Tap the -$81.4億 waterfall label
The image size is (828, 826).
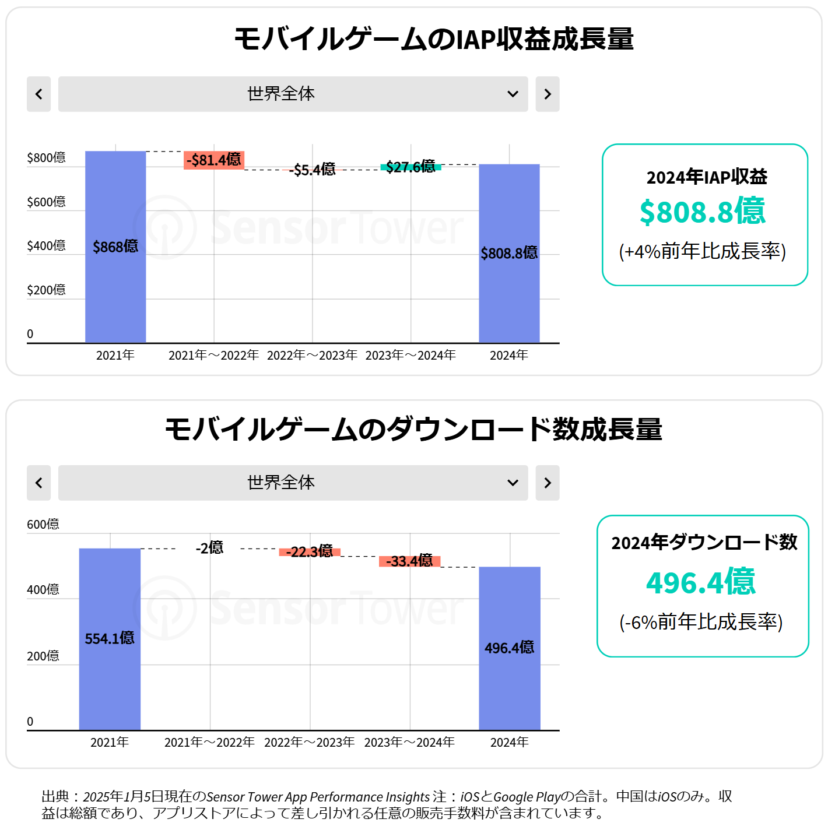pos(214,160)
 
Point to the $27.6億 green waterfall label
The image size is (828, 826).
pos(411,167)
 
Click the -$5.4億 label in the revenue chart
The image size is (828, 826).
pos(313,170)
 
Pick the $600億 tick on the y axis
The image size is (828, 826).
pos(46,202)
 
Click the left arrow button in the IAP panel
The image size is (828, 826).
pos(38,94)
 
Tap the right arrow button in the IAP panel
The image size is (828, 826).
pos(548,94)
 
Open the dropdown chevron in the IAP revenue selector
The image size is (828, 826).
pos(513,94)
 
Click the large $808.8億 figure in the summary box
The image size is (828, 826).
pos(703,211)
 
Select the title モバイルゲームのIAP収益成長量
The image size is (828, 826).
pos(434,39)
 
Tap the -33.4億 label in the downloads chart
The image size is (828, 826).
pos(410,561)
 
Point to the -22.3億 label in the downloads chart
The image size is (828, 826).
pos(310,551)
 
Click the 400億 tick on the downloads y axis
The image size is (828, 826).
pos(43,590)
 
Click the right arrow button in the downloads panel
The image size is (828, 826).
pos(548,483)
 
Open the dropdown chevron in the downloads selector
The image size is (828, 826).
pos(513,483)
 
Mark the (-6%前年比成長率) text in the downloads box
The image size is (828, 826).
pos(701,622)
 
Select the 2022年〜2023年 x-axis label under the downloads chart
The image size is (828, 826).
pos(310,742)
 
